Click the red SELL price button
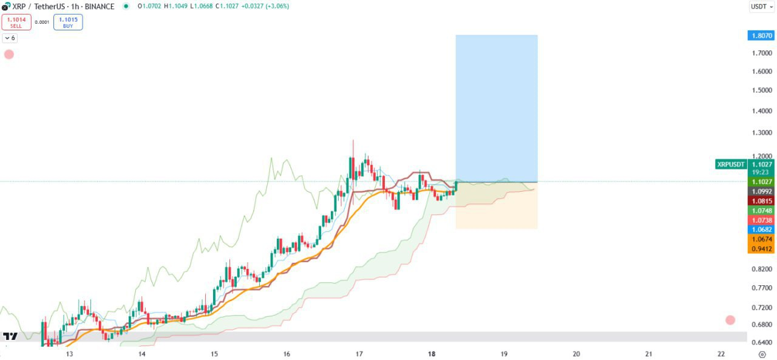[16, 22]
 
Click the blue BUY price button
[68, 22]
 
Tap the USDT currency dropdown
[761, 7]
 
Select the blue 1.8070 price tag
[761, 36]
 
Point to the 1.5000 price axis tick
[761, 90]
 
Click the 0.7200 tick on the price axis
[761, 308]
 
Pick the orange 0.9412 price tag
[761, 248]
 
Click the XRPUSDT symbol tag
[730, 164]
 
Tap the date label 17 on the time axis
[359, 354]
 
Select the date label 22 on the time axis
[721, 354]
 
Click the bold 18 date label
[432, 354]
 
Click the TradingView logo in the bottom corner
[10, 336]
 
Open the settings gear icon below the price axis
[762, 354]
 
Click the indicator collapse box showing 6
[10, 38]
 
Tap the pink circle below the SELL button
[9, 54]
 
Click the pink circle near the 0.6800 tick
[730, 320]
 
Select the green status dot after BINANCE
[126, 6]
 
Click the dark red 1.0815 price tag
[761, 201]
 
